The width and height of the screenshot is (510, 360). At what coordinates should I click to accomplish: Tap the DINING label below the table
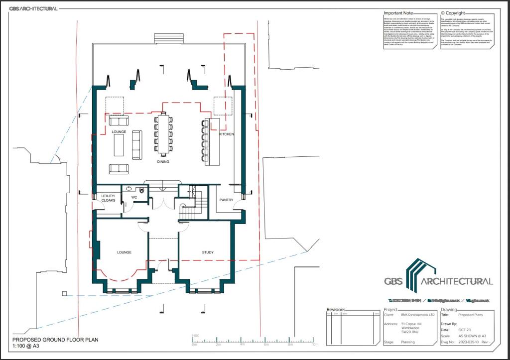(163, 162)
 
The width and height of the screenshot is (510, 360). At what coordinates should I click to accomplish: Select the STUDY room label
(208, 252)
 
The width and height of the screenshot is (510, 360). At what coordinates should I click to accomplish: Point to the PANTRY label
(226, 200)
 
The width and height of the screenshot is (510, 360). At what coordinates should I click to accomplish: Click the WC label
(134, 198)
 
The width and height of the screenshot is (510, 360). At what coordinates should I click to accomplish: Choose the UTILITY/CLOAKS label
(108, 198)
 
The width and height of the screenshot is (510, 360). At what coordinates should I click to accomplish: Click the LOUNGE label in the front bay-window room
(124, 252)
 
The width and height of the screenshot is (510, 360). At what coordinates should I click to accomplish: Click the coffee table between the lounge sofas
(119, 144)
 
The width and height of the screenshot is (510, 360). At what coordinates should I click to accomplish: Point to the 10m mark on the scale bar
(314, 345)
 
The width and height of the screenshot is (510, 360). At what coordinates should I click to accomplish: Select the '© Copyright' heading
(453, 13)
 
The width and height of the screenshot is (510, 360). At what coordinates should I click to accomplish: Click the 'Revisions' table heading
(336, 310)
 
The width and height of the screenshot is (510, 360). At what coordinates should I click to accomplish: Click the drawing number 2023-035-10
(468, 343)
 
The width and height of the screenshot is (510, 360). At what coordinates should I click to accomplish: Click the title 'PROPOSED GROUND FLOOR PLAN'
(55, 340)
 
